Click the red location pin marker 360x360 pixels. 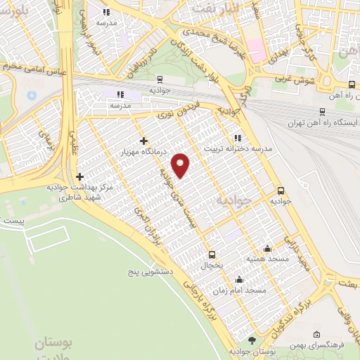(x=181, y=165)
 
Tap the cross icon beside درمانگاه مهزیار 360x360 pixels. (x=144, y=141)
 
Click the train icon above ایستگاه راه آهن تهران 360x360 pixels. (x=322, y=111)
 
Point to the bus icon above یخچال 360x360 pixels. (x=212, y=255)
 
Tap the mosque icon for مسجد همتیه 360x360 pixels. (x=267, y=248)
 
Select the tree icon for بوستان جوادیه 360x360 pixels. (x=243, y=340)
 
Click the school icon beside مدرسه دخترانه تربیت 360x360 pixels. (x=237, y=138)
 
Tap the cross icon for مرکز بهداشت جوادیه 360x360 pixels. (x=79, y=176)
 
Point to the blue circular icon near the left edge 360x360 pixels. (x=32, y=95)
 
